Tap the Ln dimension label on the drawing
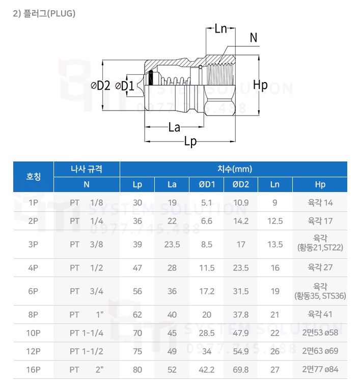(x=220, y=29)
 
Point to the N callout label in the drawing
(x=254, y=37)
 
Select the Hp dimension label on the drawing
(x=260, y=85)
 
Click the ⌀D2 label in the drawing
(x=101, y=86)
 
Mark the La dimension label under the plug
(x=174, y=127)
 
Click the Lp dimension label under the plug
(x=190, y=142)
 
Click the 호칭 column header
(x=34, y=177)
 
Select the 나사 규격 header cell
(x=87, y=169)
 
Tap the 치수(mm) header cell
(x=234, y=169)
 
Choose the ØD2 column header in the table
(x=240, y=184)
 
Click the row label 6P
(x=34, y=291)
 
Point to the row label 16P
(x=34, y=369)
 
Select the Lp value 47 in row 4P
(x=137, y=267)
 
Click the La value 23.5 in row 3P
(x=172, y=244)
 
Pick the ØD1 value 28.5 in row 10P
(x=206, y=334)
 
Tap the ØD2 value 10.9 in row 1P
(x=240, y=203)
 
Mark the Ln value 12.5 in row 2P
(x=275, y=221)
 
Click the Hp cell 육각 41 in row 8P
(x=320, y=314)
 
